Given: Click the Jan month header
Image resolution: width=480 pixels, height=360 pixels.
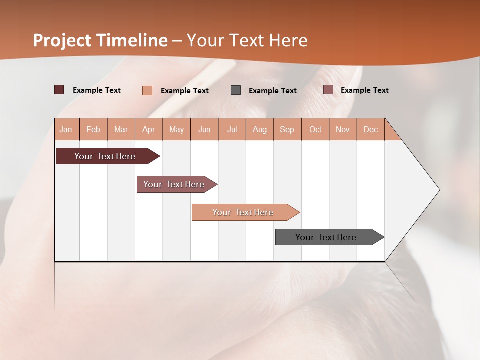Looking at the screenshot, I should pos(66,129).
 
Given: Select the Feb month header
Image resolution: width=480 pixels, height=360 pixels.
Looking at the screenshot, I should pos(93,129).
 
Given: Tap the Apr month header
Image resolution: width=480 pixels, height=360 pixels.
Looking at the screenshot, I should pos(148,129).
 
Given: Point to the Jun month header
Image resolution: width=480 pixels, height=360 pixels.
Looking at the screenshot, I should pos(204,129).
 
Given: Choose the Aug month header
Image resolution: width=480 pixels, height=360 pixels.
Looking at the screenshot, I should pos(259,129).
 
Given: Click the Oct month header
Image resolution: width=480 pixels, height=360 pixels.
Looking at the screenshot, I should pos(315,129).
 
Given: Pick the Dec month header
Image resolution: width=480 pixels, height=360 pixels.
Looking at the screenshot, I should pos(370,129).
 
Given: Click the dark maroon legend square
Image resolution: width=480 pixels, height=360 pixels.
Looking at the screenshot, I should pos(59,90).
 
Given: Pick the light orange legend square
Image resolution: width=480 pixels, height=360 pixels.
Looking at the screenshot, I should pos(147,90).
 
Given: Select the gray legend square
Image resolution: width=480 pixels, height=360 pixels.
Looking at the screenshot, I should pos(236,90).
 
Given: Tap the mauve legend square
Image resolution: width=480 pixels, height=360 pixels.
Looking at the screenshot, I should pos(328,90).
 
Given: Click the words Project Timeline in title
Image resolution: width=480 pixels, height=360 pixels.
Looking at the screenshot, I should pos(100,40).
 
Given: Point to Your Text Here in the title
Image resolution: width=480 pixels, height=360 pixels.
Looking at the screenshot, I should pos(247,40).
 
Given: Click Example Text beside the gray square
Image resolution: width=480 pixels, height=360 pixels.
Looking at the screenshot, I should pos(272,90).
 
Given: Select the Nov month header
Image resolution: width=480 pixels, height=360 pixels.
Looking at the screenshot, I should pos(342,129).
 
